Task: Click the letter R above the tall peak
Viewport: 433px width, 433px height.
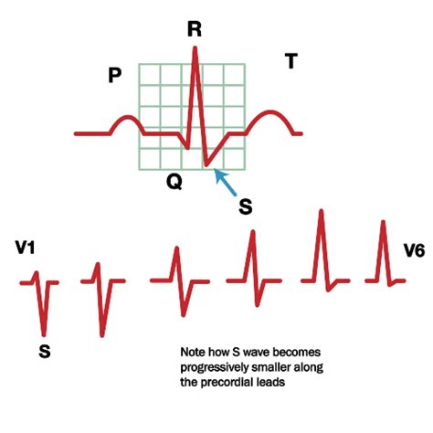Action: tap(195, 29)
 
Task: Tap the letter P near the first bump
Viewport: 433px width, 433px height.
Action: tap(115, 75)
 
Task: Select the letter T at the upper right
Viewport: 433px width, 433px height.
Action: tap(291, 61)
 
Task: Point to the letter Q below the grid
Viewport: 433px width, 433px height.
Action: tap(174, 182)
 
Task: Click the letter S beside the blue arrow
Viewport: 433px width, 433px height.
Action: tap(246, 207)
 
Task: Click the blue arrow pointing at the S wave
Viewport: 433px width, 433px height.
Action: tap(226, 182)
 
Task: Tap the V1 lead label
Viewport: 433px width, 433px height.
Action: tap(26, 248)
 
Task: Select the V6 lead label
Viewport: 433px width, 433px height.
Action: tap(414, 251)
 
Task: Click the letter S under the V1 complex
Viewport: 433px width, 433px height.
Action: tap(45, 352)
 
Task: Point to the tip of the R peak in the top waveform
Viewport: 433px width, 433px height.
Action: tap(195, 48)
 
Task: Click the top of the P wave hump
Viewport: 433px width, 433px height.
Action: tap(129, 117)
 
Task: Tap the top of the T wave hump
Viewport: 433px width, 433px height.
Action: tap(270, 111)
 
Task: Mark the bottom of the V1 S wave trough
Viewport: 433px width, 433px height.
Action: tap(45, 334)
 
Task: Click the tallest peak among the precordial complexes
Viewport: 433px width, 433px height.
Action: tap(322, 211)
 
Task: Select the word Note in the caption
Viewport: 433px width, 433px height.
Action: tap(194, 353)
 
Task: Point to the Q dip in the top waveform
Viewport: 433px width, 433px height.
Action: tap(187, 148)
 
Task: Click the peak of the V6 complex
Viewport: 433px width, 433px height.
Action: tap(383, 222)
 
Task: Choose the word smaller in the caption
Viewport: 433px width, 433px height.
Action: tap(271, 367)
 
